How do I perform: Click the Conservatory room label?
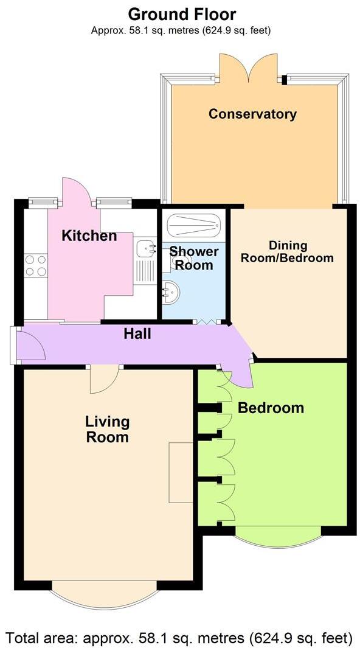tap(252, 114)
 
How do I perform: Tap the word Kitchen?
tap(89, 235)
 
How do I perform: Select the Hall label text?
tap(137, 333)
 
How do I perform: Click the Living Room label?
tap(107, 429)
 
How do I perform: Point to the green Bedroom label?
tap(271, 408)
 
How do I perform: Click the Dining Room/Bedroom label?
tap(287, 251)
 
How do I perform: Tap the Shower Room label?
tap(193, 258)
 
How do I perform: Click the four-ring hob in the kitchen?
tap(35, 267)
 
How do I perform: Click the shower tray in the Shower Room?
tap(193, 226)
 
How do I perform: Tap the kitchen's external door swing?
tap(78, 190)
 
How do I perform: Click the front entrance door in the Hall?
tap(29, 344)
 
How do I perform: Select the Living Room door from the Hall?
tap(104, 380)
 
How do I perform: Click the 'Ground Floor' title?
tap(182, 14)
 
